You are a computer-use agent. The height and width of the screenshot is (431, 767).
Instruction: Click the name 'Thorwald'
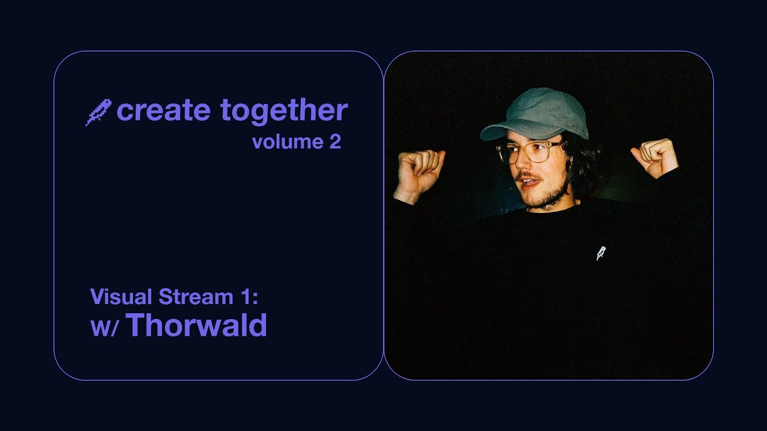click(197, 326)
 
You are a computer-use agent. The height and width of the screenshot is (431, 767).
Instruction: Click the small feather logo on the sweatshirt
click(601, 253)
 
